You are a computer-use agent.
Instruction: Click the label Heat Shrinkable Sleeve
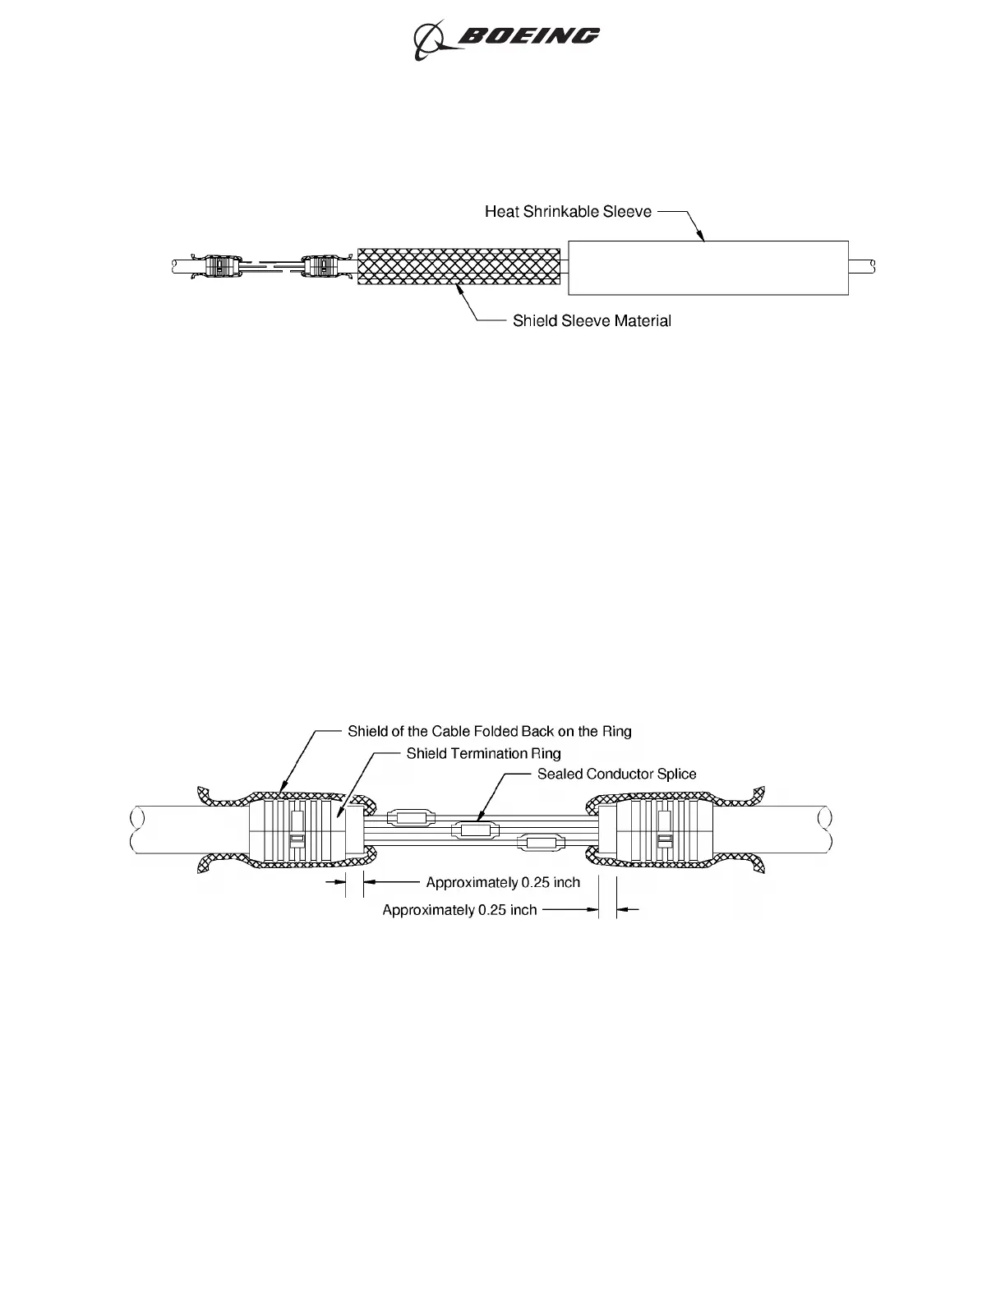(x=568, y=212)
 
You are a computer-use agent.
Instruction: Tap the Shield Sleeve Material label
(x=592, y=321)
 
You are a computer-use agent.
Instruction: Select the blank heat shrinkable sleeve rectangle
(x=708, y=268)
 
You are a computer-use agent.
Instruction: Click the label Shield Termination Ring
(x=483, y=754)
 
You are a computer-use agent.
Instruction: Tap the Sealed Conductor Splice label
(x=616, y=775)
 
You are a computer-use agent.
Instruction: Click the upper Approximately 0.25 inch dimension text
(x=503, y=883)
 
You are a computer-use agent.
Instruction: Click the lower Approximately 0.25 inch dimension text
(x=459, y=910)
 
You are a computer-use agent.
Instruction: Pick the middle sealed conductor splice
(x=474, y=830)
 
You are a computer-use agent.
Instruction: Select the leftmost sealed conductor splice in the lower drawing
(x=411, y=817)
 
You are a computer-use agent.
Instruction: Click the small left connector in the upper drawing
(x=217, y=266)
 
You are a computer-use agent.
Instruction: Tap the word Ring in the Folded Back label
(x=616, y=732)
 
